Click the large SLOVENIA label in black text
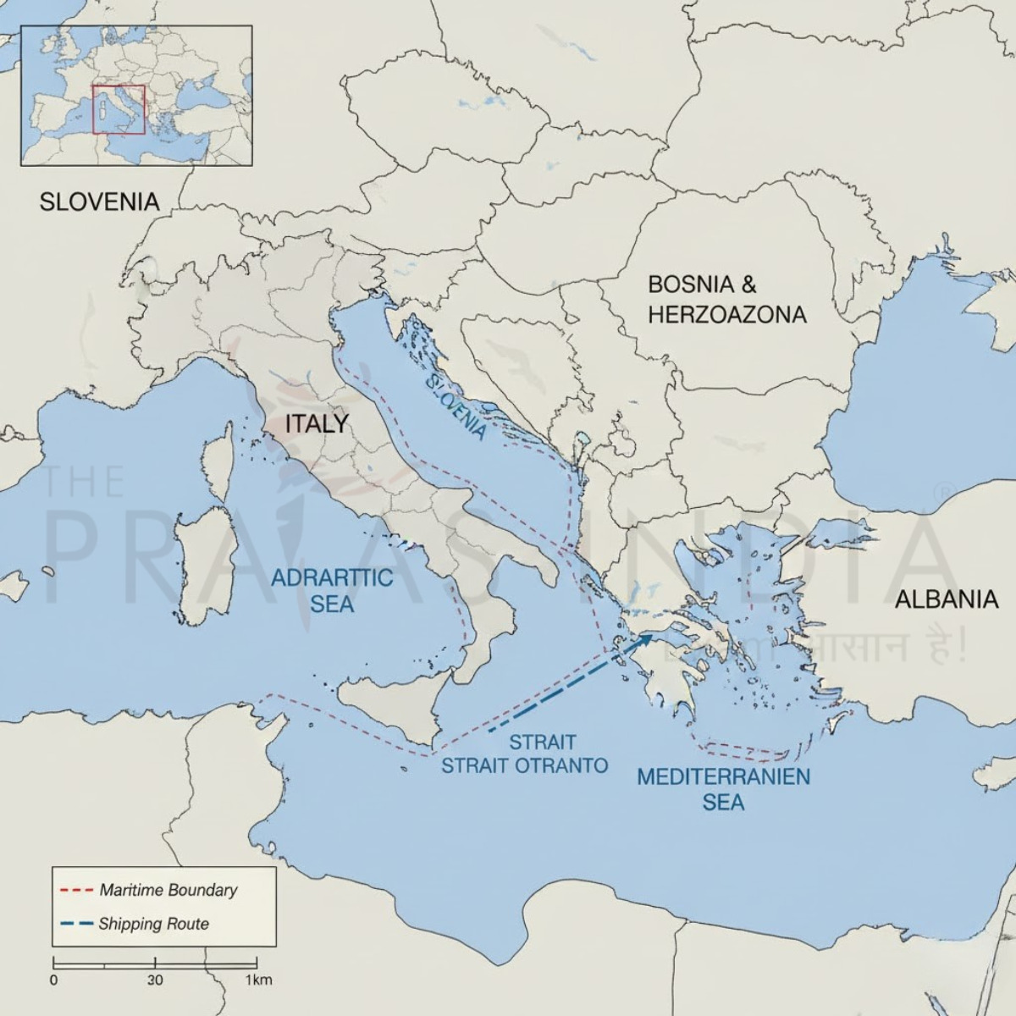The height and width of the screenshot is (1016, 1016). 100,202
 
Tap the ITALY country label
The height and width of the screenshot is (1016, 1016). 317,423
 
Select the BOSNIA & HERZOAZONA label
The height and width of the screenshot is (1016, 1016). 726,299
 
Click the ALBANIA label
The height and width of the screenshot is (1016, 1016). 947,599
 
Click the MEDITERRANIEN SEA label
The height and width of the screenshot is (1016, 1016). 723,788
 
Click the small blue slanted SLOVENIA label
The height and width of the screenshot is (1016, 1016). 457,407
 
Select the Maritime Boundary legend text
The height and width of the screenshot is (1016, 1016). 168,890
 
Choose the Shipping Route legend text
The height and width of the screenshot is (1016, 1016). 153,924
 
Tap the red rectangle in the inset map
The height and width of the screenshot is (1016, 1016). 119,109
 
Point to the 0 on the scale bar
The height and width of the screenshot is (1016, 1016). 54,980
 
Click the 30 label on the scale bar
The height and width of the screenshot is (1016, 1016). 154,980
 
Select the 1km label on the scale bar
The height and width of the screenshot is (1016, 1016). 258,980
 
